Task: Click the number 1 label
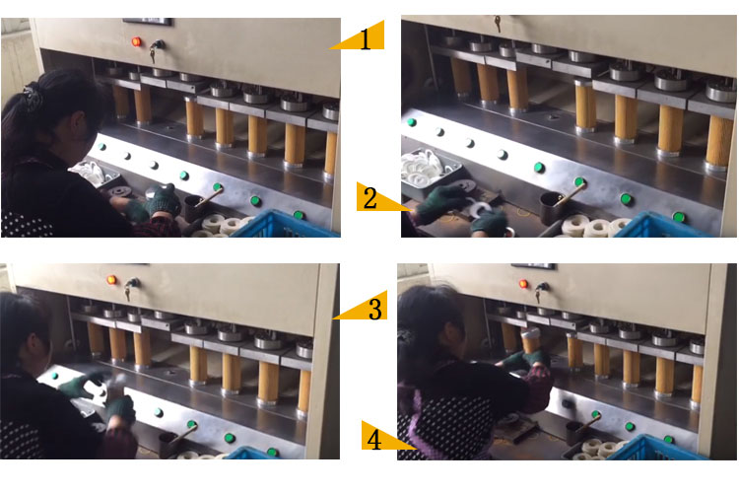click(x=366, y=40)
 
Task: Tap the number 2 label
click(x=369, y=198)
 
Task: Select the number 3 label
click(x=374, y=309)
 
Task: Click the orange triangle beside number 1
click(x=347, y=41)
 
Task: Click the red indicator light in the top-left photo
click(x=136, y=41)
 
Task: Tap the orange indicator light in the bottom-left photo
click(x=111, y=279)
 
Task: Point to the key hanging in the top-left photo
click(x=155, y=46)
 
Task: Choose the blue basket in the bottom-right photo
click(x=659, y=448)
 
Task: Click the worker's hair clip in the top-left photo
click(x=34, y=97)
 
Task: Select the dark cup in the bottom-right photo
click(x=574, y=431)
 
